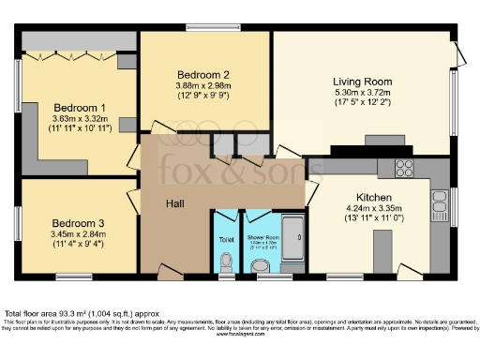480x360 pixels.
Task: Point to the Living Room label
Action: pos(363,82)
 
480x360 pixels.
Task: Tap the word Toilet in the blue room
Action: pos(226,240)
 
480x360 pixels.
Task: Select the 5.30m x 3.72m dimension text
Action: pos(363,93)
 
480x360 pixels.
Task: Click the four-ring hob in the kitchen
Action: pos(405,169)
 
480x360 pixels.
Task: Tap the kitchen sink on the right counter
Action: pos(439,200)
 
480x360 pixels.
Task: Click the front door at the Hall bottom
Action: pos(170,275)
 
